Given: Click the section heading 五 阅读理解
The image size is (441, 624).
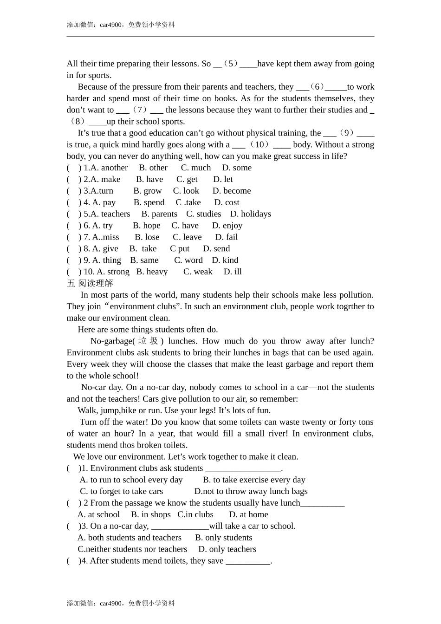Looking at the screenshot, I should [x=90, y=283].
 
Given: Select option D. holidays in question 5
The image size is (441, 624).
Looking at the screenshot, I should [x=250, y=214].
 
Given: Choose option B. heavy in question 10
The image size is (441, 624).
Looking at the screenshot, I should [x=152, y=272].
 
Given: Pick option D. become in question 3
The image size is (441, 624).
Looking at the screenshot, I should [x=231, y=191].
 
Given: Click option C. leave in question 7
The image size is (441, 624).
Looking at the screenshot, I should [x=187, y=237].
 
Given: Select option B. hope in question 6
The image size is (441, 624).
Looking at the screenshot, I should [x=146, y=226].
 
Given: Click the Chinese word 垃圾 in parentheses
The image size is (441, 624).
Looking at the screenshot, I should [x=148, y=341].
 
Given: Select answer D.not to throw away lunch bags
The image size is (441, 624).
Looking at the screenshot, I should [x=251, y=491].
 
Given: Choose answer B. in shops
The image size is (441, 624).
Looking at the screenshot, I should [x=151, y=514].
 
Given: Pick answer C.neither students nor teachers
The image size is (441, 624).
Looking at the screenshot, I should [x=132, y=549].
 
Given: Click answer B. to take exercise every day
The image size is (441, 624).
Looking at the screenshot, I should [x=254, y=480].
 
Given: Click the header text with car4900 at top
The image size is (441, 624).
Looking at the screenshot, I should [x=121, y=25].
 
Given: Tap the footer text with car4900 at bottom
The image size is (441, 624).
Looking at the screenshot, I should [x=121, y=603].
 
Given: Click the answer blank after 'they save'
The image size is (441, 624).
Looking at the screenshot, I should [x=248, y=561].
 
